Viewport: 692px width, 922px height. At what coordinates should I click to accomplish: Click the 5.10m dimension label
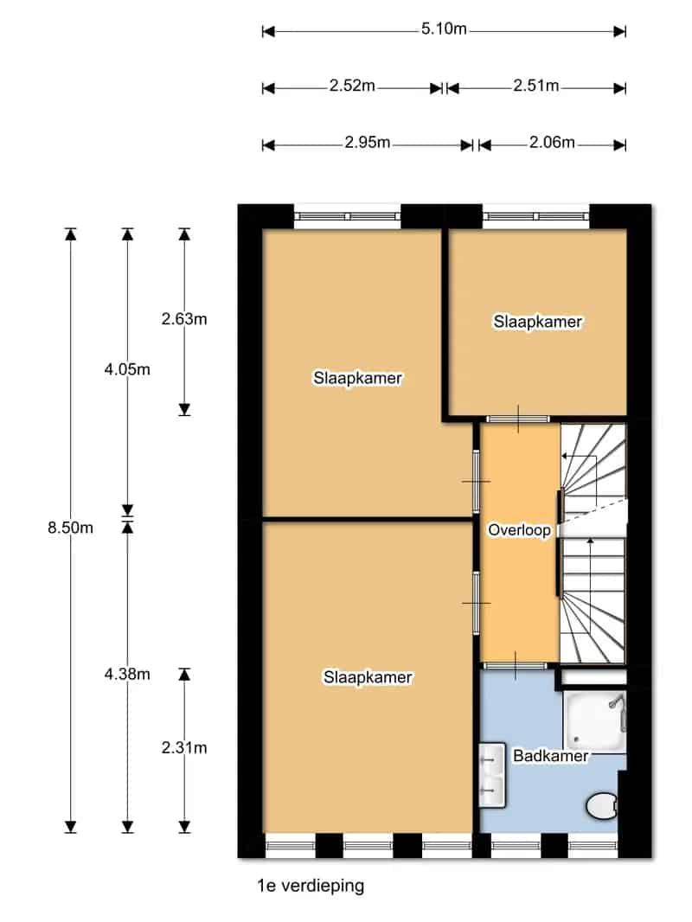point(443,29)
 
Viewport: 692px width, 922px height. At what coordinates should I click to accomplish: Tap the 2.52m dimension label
point(351,86)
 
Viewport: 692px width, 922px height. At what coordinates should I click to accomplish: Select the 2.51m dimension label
point(535,86)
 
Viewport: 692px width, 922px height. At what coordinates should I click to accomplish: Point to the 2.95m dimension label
point(367,142)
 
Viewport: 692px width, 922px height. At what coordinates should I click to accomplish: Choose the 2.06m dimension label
point(552,142)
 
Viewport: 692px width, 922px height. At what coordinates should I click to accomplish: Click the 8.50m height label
point(71,528)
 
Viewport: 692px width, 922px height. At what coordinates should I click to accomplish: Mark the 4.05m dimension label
point(127,369)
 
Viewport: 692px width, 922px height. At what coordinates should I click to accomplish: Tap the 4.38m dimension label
point(127,674)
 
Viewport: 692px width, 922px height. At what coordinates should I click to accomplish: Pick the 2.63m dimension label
point(184,318)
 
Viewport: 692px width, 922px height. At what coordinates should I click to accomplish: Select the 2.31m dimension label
point(184,747)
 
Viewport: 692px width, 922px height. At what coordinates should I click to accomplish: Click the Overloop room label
point(519,530)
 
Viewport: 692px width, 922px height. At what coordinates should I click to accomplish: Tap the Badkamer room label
point(550,756)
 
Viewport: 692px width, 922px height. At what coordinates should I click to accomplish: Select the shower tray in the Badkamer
point(594,720)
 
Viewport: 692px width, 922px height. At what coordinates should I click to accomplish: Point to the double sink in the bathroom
point(492,775)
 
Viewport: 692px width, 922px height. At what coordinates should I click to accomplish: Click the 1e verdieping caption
point(311,886)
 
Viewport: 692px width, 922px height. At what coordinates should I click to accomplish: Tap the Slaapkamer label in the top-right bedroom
point(537,322)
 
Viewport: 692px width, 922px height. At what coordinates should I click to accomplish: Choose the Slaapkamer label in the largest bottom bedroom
point(368,677)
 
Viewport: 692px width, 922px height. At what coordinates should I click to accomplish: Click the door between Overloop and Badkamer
point(516,666)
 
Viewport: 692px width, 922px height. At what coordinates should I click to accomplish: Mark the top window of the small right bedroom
point(535,216)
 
